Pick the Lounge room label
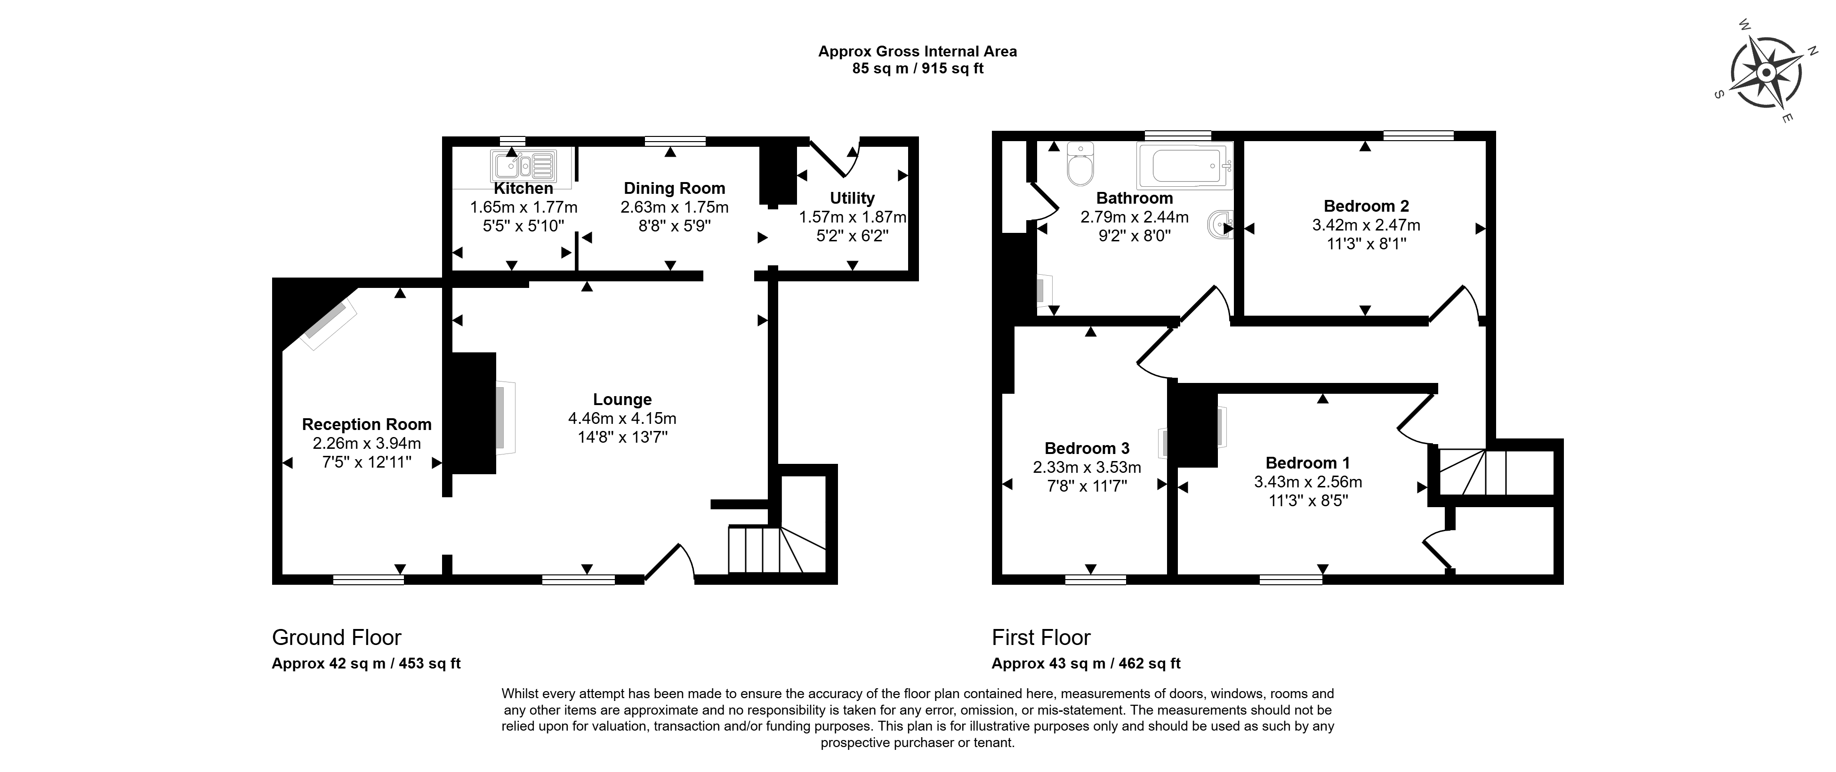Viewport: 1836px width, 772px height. coord(622,399)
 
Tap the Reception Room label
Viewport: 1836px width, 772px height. coord(366,424)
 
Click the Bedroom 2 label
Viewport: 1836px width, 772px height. coord(1366,206)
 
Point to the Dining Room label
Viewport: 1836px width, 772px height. coord(674,188)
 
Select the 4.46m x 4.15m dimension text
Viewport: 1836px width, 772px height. coord(622,418)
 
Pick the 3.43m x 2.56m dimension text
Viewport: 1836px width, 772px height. coord(1308,481)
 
